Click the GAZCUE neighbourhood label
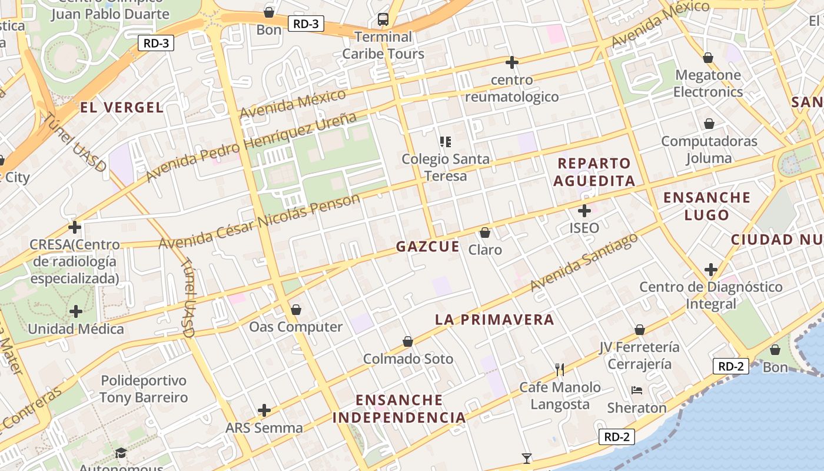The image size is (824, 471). [x=427, y=247]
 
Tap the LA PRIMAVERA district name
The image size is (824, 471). [x=494, y=320]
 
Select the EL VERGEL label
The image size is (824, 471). [x=121, y=107]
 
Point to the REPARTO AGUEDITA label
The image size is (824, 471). [x=594, y=172]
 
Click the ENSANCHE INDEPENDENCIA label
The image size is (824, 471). [x=399, y=409]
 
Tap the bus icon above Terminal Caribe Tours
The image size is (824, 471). [x=383, y=19]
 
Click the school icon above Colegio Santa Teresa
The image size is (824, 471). [x=445, y=141]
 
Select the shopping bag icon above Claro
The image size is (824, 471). [x=485, y=233]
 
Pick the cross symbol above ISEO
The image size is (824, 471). [x=584, y=210]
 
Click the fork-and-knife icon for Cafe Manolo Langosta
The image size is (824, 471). [x=560, y=369]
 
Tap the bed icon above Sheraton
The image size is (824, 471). [x=637, y=390]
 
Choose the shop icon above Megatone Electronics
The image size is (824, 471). [x=708, y=58]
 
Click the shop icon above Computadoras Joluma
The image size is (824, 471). [x=709, y=124]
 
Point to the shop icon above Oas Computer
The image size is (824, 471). [x=296, y=310]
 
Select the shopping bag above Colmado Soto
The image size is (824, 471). [x=408, y=341]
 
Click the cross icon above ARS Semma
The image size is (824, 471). [x=264, y=410]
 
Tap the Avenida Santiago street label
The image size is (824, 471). [x=584, y=263]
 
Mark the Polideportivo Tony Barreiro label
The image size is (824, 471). [x=144, y=389]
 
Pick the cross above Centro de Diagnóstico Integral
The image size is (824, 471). [x=711, y=270]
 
